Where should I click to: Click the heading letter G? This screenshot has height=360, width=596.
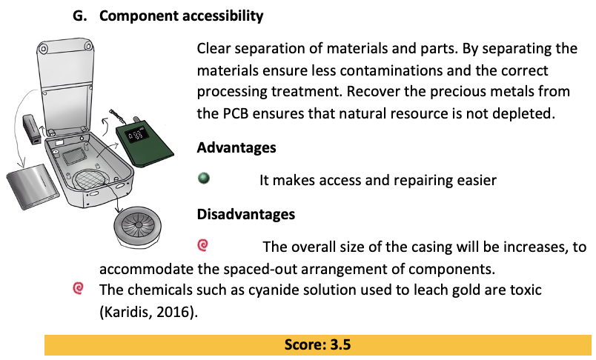79,16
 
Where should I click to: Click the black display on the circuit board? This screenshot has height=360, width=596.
137,136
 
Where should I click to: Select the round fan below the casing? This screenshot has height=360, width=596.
137,227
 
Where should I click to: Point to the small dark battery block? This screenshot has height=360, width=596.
32,130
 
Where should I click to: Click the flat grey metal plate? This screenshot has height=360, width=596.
33,186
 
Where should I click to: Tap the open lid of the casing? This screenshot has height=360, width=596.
65,84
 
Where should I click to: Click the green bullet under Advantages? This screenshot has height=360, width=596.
204,178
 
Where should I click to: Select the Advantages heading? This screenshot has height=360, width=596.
236,147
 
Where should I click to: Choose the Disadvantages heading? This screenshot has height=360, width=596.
246,214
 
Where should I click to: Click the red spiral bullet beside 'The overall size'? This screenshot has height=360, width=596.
203,245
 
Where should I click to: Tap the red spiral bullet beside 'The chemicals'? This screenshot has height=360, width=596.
79,288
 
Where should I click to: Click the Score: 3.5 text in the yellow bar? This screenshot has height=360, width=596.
317,344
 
